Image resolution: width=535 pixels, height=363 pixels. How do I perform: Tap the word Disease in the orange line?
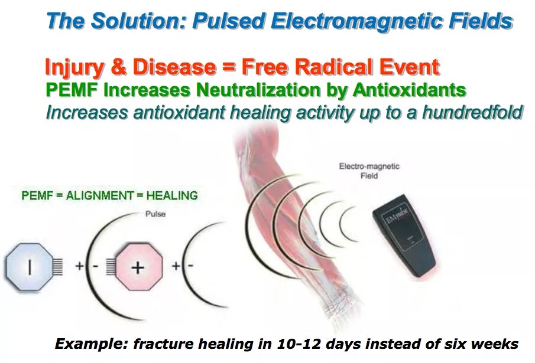click(174, 67)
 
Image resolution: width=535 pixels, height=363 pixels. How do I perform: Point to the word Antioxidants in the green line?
click(409, 91)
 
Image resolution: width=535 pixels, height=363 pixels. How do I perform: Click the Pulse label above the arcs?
click(155, 214)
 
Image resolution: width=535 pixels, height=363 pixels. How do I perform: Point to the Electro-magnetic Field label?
click(369, 171)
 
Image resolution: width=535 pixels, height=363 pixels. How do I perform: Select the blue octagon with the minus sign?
click(30, 267)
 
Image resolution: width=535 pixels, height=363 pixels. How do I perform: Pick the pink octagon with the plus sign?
click(137, 267)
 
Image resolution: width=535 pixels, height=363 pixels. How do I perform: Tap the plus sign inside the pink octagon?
click(137, 267)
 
